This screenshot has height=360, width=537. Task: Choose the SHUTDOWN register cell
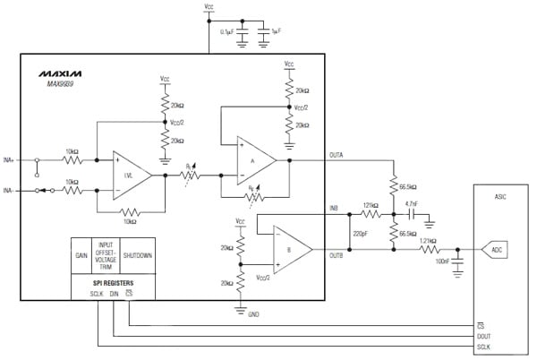point(138,254)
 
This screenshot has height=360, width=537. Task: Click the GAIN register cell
point(81,254)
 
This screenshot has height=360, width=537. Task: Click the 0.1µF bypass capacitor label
point(226,31)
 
